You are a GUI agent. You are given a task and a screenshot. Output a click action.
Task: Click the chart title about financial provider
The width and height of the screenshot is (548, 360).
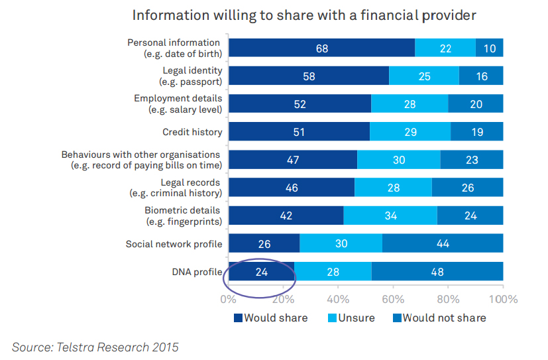(304, 15)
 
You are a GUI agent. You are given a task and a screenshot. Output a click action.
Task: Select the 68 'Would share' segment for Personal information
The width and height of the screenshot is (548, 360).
(322, 48)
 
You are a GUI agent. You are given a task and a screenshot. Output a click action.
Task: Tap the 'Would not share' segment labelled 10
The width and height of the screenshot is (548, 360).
(489, 48)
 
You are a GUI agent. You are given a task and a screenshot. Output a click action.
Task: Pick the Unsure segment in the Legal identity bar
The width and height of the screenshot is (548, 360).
(424, 76)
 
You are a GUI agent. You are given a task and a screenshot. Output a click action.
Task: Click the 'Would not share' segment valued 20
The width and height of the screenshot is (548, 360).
(475, 104)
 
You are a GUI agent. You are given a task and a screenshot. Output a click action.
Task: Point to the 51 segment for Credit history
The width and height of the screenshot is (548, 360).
(299, 132)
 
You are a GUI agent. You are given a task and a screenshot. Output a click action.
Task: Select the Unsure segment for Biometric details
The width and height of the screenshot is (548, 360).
(390, 216)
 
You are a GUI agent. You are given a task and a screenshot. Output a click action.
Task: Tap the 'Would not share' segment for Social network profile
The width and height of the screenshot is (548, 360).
(443, 244)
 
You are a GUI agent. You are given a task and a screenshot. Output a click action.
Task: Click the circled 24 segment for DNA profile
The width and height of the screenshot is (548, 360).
(261, 272)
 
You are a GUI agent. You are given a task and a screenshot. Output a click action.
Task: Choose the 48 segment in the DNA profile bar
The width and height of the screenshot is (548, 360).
(437, 272)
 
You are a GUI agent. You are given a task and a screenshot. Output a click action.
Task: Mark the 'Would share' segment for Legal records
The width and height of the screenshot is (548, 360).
(292, 188)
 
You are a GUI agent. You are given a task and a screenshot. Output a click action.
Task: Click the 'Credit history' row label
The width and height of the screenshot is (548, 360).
(192, 132)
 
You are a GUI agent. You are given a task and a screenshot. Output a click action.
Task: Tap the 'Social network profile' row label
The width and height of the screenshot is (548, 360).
(174, 244)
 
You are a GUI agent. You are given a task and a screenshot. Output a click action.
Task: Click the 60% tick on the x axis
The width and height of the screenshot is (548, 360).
(393, 299)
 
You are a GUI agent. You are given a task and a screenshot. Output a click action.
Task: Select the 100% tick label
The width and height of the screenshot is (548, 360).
(503, 299)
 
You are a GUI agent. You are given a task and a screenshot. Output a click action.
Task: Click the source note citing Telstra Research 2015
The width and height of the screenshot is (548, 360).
(95, 346)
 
